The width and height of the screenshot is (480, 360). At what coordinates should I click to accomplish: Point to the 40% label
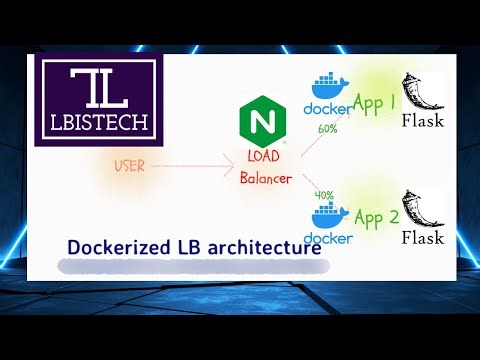(324, 195)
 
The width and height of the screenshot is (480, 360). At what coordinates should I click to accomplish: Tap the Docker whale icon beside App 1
(329, 84)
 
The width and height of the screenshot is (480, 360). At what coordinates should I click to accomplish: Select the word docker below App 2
(329, 238)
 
